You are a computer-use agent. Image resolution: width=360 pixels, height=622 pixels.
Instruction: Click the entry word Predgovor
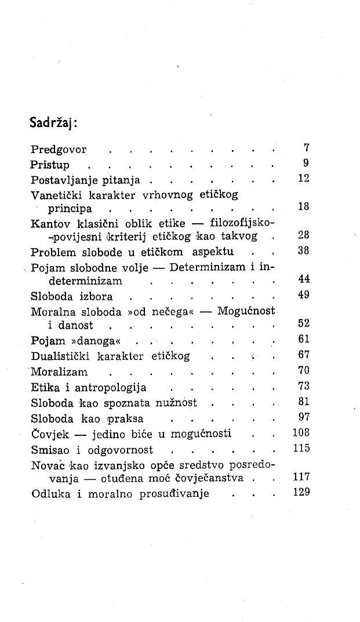coord(58,150)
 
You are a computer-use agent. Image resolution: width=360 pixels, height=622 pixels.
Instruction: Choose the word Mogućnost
coord(246,311)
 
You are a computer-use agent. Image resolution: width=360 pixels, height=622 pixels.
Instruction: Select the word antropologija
coord(108,387)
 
